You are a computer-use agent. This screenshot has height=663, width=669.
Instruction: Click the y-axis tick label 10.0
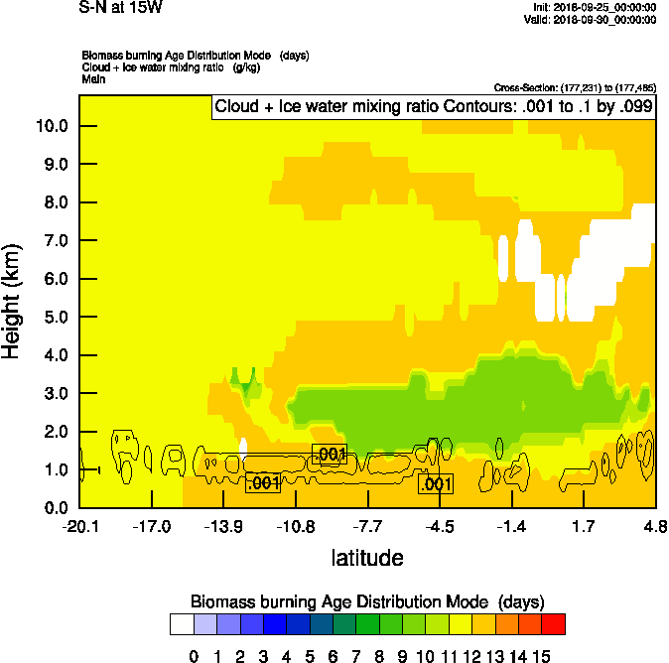tap(52, 126)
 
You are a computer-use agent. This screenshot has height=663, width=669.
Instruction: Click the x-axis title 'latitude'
tap(367, 558)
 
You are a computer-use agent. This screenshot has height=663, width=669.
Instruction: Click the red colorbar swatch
tap(554, 624)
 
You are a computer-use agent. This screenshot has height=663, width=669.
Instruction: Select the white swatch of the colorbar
tap(181, 624)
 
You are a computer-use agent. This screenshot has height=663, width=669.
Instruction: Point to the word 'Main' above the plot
tap(93, 78)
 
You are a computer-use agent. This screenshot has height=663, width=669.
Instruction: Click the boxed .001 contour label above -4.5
tap(437, 484)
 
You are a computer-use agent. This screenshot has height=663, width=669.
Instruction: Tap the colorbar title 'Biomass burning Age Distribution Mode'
tap(342, 602)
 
